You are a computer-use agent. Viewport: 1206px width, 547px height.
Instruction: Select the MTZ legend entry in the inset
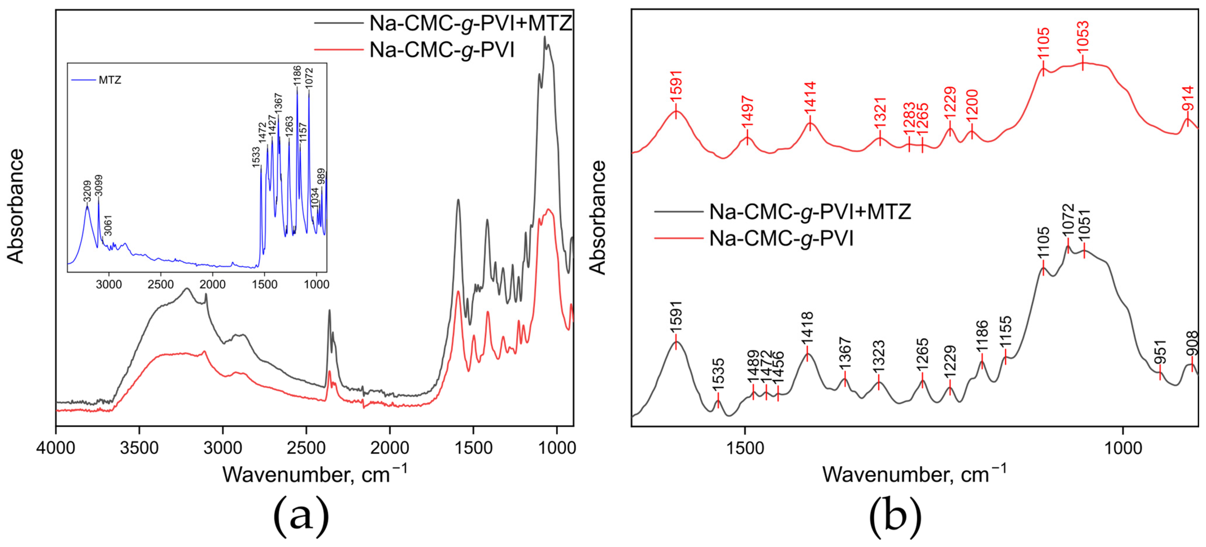pyautogui.click(x=109, y=80)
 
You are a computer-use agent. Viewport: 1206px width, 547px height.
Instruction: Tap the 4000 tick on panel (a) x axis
pyautogui.click(x=56, y=448)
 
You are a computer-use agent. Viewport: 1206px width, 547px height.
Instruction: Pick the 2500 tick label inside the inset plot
pyautogui.click(x=160, y=285)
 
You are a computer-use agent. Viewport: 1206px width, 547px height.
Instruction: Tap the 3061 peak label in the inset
pyautogui.click(x=108, y=225)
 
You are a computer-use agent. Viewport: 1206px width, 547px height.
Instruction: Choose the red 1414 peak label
pyautogui.click(x=810, y=97)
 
